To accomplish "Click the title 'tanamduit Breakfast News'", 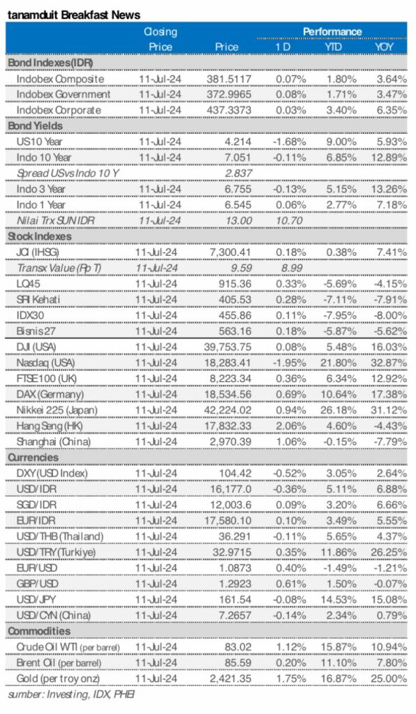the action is (x=73, y=15).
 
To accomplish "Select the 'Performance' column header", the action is (x=332, y=31).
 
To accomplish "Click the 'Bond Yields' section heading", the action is (x=35, y=126).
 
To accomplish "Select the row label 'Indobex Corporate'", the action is (x=59, y=110).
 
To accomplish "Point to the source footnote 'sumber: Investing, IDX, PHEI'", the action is (x=71, y=694).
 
